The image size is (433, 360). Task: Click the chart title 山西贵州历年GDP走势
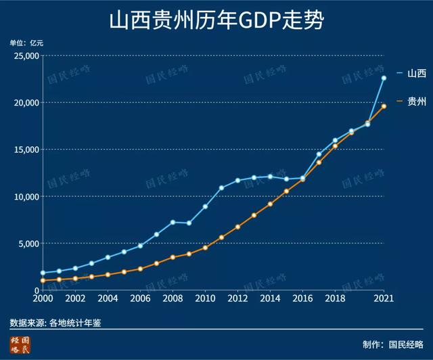point(216,20)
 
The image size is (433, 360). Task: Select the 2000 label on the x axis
point(43,298)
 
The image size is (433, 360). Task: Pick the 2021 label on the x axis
point(384,298)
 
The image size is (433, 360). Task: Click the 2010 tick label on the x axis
point(205,298)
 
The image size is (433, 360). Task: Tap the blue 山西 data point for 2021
point(384,78)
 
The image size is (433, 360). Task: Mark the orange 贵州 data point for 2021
point(384,106)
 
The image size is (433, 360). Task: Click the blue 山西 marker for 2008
point(173,222)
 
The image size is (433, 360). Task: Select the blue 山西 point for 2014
point(270,177)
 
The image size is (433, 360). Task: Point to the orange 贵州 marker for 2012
point(237,227)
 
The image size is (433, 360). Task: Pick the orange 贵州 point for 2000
point(43,280)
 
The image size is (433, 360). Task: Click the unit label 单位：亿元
point(26,42)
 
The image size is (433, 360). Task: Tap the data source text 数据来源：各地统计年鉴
point(55,322)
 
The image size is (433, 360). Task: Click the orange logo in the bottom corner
point(20,344)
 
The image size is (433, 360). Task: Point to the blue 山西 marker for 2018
point(335,141)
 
